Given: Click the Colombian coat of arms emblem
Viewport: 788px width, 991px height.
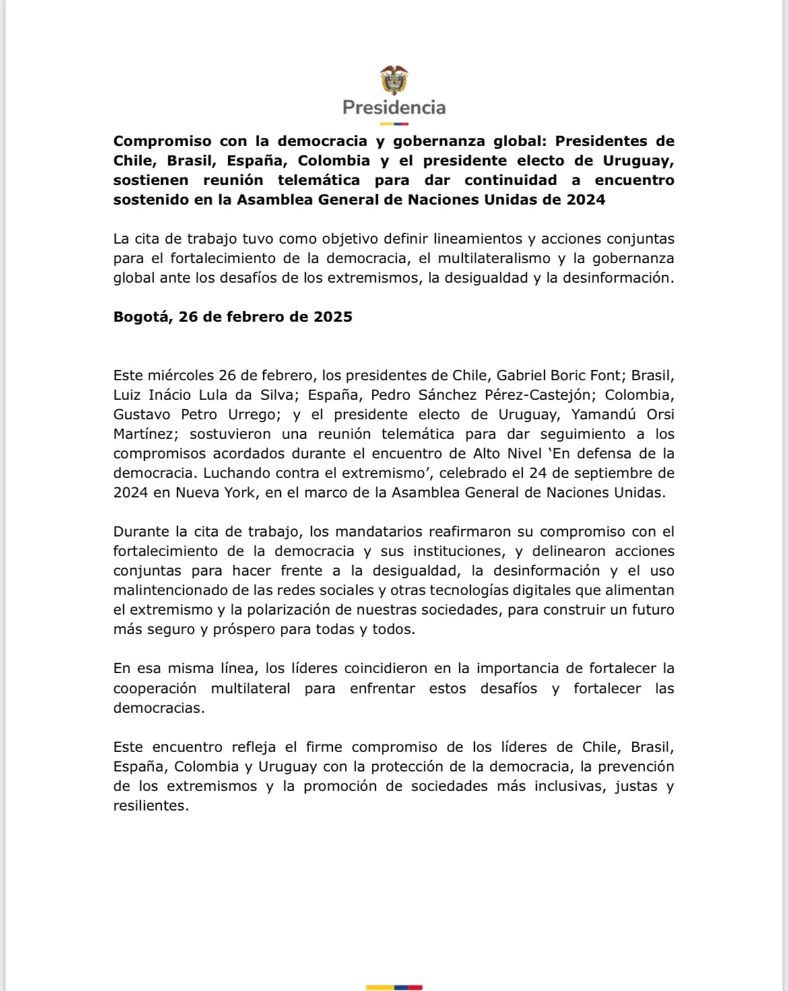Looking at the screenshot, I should pyautogui.click(x=394, y=80).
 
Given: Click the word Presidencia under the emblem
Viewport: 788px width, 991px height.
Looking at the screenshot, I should pyautogui.click(x=394, y=108).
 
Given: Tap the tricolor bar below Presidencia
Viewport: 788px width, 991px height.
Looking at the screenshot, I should pyautogui.click(x=394, y=124).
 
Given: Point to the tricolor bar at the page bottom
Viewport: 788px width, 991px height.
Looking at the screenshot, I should pyautogui.click(x=394, y=987).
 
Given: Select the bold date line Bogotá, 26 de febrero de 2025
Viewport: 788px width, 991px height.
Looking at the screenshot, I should pyautogui.click(x=233, y=317).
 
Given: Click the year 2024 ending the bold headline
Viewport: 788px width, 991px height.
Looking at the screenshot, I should pyautogui.click(x=585, y=200).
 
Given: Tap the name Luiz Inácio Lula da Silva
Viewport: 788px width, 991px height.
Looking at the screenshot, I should pyautogui.click(x=203, y=395).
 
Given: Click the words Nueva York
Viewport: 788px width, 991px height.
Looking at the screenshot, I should pyautogui.click(x=216, y=493).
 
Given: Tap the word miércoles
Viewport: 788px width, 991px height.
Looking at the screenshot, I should pyautogui.click(x=182, y=376).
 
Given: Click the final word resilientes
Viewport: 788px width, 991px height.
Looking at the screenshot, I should pyautogui.click(x=151, y=806).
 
